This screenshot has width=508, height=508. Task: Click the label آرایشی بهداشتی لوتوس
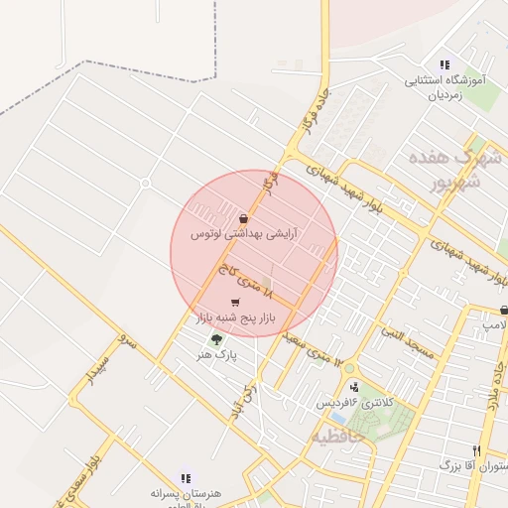pos(244,234)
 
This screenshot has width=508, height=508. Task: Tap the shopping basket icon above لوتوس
pos(244,218)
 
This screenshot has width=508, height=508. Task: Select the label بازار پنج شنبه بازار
pos(234,319)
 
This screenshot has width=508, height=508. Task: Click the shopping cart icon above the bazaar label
pos(234,304)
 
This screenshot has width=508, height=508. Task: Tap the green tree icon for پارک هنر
pos(216,339)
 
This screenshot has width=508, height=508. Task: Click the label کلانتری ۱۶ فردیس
pos(354,402)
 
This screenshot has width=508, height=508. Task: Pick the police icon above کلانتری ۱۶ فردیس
pos(354,386)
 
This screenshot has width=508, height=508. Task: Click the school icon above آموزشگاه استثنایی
pos(444,64)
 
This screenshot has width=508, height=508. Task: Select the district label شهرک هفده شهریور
pos(449,170)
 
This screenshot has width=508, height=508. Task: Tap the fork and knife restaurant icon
pos(477,450)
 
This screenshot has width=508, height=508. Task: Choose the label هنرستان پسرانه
pos(185,493)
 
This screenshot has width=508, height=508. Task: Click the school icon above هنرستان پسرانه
pos(186,478)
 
